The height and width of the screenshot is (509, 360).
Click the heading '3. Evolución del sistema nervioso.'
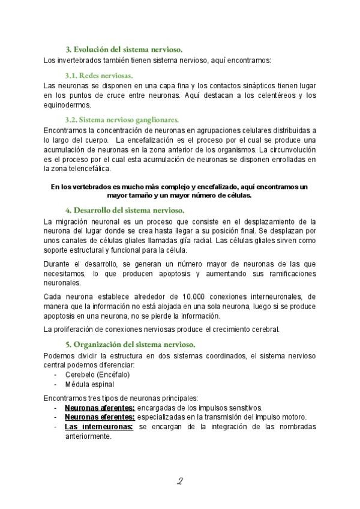(x=124, y=49)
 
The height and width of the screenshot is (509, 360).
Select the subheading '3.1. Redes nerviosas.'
(x=99, y=76)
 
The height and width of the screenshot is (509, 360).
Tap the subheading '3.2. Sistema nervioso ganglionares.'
(x=122, y=119)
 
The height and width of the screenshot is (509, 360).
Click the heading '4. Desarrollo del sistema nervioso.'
(x=124, y=209)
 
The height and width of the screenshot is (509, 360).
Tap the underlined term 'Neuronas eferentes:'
(x=100, y=417)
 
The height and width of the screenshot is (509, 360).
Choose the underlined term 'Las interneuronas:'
(x=99, y=426)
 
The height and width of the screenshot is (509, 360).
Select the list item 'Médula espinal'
(x=89, y=384)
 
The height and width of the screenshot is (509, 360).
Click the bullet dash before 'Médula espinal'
(x=55, y=384)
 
